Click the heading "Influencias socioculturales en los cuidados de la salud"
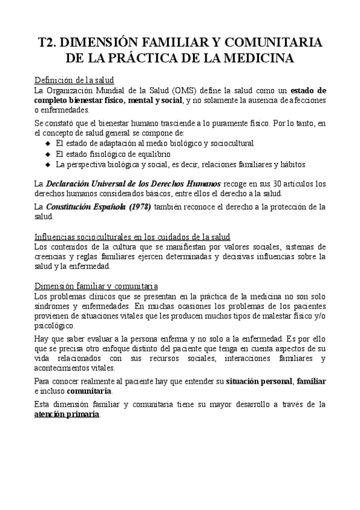[x=132, y=236]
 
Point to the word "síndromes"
[x=52, y=306]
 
